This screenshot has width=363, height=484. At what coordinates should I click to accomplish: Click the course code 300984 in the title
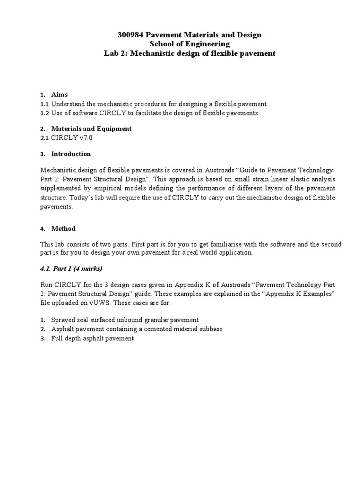(x=130, y=35)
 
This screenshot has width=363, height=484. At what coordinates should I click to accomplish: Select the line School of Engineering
(x=189, y=44)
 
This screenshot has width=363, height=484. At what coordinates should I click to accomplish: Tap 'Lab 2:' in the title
(x=116, y=53)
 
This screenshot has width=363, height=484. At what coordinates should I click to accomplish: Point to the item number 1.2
(x=44, y=113)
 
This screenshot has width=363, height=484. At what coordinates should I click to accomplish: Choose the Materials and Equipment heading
(x=91, y=129)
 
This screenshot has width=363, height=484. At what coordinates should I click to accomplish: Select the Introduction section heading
(x=71, y=154)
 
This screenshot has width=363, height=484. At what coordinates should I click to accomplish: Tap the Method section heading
(x=63, y=228)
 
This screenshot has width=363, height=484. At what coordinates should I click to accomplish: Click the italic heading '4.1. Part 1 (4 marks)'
(x=71, y=268)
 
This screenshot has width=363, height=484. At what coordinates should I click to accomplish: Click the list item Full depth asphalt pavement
(x=93, y=338)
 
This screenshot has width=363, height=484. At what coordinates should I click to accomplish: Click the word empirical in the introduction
(x=109, y=189)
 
